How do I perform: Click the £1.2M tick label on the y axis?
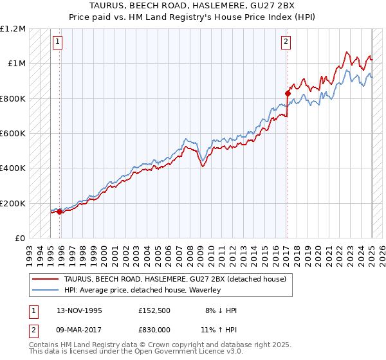13,29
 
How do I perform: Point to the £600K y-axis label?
13,134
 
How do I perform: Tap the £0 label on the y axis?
21,239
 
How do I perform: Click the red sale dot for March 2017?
288,93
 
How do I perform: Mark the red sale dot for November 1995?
59,212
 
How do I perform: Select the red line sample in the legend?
46,278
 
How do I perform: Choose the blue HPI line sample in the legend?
46,290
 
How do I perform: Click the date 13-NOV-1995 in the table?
79,310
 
